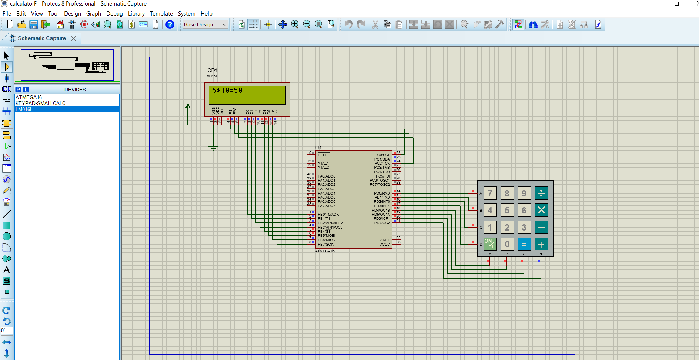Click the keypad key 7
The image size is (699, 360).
pyautogui.click(x=490, y=193)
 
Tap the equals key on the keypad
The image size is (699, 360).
pyautogui.click(x=524, y=244)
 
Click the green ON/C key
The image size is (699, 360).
pyautogui.click(x=490, y=244)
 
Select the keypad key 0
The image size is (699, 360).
pyautogui.click(x=507, y=244)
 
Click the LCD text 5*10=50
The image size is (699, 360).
pyautogui.click(x=227, y=91)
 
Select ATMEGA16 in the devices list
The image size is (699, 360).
pyautogui.click(x=29, y=97)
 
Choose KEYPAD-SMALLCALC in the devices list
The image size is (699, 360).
pyautogui.click(x=40, y=103)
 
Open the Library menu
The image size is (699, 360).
pyautogui.click(x=136, y=14)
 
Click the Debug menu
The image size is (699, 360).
pyautogui.click(x=114, y=14)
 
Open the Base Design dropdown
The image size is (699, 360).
pyautogui.click(x=205, y=24)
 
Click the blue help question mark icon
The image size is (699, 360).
pyautogui.click(x=170, y=24)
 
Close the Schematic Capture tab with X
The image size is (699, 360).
pyautogui.click(x=73, y=38)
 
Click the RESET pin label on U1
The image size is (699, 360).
pyautogui.click(x=324, y=155)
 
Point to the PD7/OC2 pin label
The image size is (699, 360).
pyautogui.click(x=382, y=223)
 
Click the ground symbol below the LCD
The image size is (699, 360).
pyautogui.click(x=213, y=148)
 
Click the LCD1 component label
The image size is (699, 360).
pyautogui.click(x=211, y=70)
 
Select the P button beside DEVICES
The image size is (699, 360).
pyautogui.click(x=18, y=90)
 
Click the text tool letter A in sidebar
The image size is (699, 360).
pyautogui.click(x=7, y=270)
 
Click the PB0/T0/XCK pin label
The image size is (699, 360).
pyautogui.click(x=328, y=214)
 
